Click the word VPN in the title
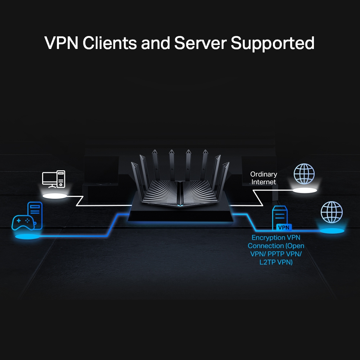61,43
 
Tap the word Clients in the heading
109,43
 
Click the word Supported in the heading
273,43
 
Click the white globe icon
304,174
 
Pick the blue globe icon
331,212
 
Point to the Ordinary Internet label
264,178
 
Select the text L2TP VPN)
276,262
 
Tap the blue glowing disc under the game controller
27,237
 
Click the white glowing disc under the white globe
305,190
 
